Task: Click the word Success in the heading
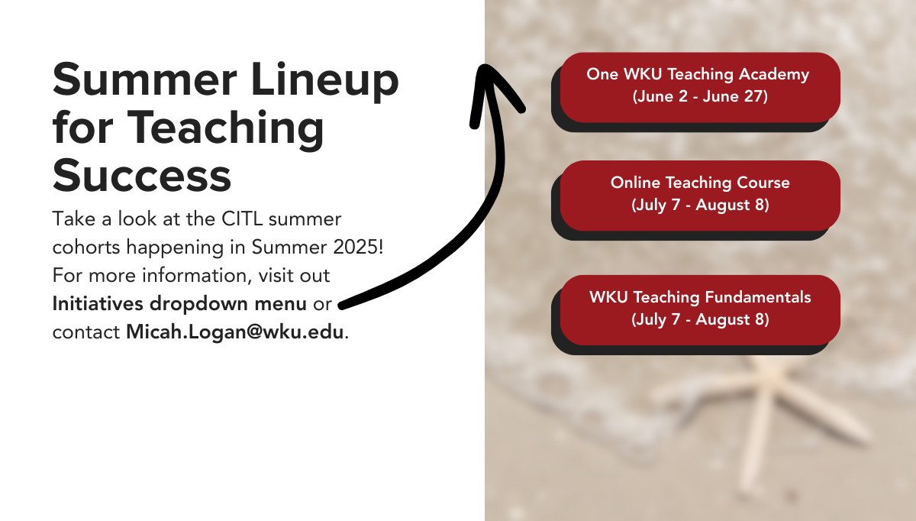click(142, 175)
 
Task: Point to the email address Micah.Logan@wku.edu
click(235, 332)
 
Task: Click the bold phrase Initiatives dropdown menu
click(179, 304)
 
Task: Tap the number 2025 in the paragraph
click(356, 247)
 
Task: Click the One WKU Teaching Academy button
click(700, 87)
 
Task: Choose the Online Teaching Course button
click(700, 196)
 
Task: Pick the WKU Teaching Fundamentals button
click(700, 310)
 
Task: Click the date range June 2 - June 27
click(700, 96)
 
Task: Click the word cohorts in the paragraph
click(86, 248)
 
